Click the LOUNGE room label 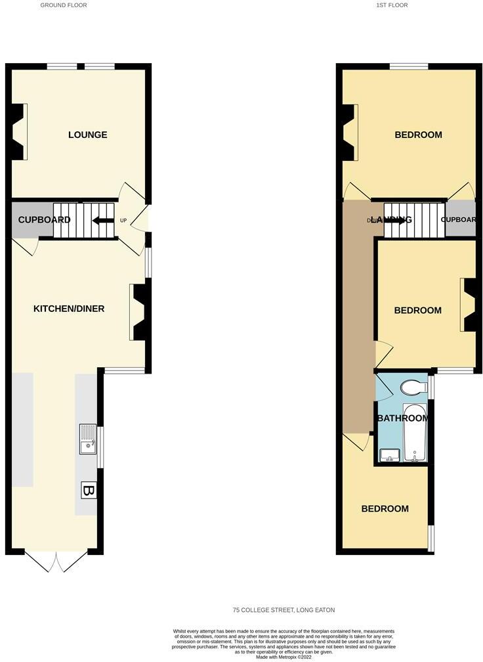coord(87,135)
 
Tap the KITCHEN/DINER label coord(69,309)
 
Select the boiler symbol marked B coord(88,490)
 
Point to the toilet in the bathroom coord(412,387)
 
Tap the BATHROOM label coord(403,418)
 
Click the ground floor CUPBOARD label coord(44,220)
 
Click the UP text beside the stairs coord(123,221)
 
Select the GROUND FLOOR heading coord(64,5)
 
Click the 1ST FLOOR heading coord(392,5)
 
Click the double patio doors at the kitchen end coord(57,560)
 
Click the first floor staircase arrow coord(394,221)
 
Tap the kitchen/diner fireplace coord(139,311)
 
